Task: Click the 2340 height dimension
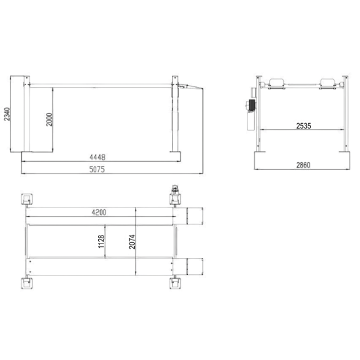(x=7, y=114)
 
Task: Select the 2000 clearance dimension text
(x=49, y=119)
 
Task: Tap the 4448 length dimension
(x=98, y=157)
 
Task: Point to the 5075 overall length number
(x=97, y=170)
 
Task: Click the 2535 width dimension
(x=304, y=126)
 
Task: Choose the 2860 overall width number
(x=303, y=165)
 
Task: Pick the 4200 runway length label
(x=99, y=212)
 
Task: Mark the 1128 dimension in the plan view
(x=101, y=242)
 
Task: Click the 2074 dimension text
(x=132, y=242)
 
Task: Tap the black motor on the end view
(x=252, y=105)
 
